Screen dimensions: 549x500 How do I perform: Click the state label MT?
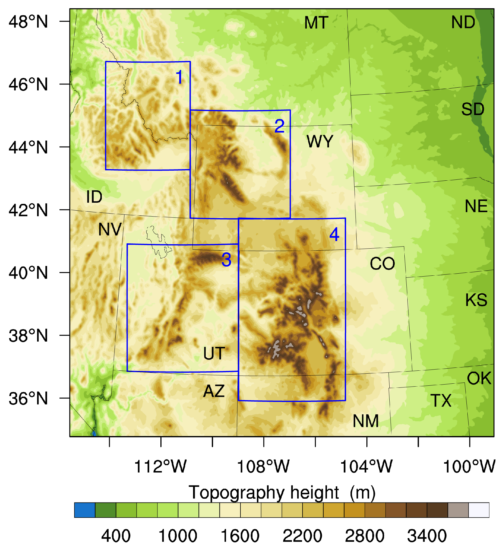[x=316, y=23]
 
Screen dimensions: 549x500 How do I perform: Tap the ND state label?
[x=463, y=22]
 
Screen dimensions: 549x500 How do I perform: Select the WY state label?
[x=320, y=142]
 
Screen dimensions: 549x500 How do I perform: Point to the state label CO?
[x=382, y=264]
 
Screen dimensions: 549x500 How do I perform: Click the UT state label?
[x=214, y=353]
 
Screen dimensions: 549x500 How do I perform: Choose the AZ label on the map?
[x=214, y=391]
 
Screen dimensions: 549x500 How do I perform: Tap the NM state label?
[x=366, y=421]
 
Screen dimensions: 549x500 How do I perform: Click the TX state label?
[x=441, y=400]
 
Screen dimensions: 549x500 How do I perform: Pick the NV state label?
[x=110, y=229]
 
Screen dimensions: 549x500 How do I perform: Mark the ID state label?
[x=94, y=197]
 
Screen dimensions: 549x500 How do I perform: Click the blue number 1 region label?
[x=179, y=77]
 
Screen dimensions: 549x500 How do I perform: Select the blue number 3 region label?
[x=226, y=260]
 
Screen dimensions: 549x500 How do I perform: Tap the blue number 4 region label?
[x=334, y=234]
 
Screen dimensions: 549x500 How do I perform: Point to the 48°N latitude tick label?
[x=28, y=21]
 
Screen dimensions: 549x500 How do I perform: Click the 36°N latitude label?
[x=28, y=399]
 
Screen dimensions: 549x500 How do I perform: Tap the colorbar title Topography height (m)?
[x=282, y=493]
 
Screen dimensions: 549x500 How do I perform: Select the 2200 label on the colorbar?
[x=302, y=536]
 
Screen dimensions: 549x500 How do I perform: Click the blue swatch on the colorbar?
[x=85, y=510]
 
